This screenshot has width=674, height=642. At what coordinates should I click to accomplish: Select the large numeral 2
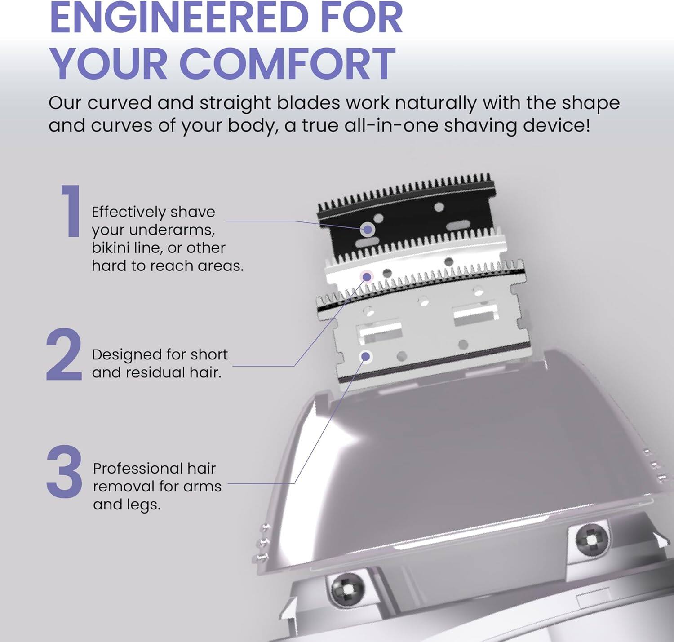pyautogui.click(x=64, y=355)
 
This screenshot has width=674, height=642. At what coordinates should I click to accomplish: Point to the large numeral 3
pyautogui.click(x=64, y=472)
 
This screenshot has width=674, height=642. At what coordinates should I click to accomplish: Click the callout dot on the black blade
pyautogui.click(x=368, y=230)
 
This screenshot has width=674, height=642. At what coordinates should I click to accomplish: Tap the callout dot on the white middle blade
pyautogui.click(x=367, y=276)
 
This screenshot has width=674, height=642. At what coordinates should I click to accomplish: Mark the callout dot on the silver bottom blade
pyautogui.click(x=366, y=357)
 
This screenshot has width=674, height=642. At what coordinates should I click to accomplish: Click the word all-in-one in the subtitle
pyautogui.click(x=391, y=125)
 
